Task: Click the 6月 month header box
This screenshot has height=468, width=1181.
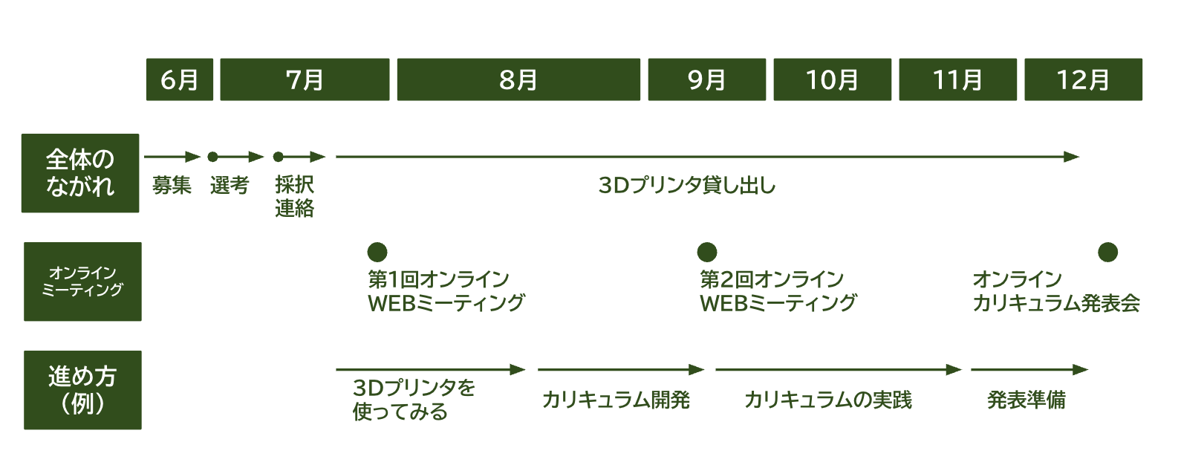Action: (180, 79)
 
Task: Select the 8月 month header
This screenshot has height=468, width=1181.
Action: (518, 79)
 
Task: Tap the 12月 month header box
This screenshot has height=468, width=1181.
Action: (1084, 79)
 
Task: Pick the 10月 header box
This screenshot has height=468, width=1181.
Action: (833, 79)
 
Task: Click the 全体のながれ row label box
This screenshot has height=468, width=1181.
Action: (80, 173)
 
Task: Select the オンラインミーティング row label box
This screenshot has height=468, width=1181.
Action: (82, 282)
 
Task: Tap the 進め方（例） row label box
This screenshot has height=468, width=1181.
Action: (82, 390)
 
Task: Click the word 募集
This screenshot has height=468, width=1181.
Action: (172, 186)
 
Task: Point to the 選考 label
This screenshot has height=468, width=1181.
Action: (230, 186)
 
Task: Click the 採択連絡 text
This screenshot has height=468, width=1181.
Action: (294, 197)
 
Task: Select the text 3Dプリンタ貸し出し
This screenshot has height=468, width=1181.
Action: (687, 186)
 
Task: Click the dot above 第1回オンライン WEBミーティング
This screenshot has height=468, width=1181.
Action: (377, 252)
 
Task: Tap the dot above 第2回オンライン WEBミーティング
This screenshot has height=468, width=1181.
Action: (707, 252)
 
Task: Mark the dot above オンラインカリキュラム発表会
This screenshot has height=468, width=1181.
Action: (1107, 252)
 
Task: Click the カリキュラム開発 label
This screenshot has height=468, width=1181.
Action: (616, 400)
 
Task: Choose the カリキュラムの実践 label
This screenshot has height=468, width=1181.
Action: (827, 400)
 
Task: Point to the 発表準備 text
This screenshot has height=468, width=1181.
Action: (1026, 400)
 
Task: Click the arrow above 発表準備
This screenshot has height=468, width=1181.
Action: (1029, 370)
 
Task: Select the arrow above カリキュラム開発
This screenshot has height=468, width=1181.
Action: (621, 370)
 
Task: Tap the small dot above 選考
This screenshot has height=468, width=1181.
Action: (213, 157)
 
